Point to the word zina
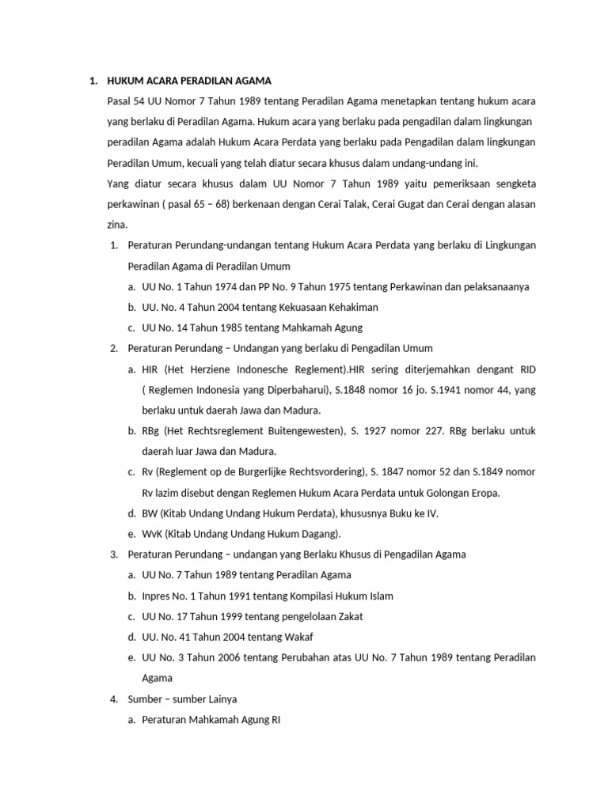117,225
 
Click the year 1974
203,286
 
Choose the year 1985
208,327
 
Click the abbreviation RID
526,369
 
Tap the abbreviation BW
150,513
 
